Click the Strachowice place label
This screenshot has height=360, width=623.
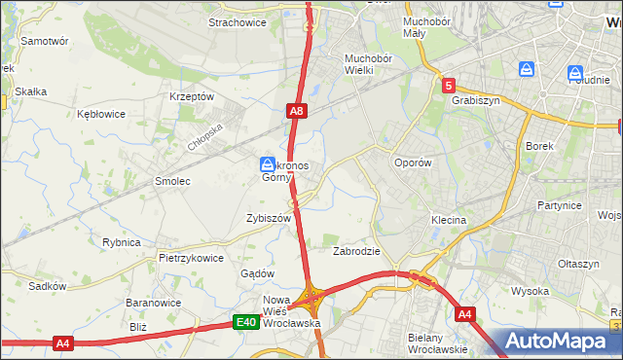click(x=238, y=21)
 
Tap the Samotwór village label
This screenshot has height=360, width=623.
click(x=44, y=41)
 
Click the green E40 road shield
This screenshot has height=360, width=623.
click(x=245, y=322)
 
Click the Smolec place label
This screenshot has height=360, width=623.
click(x=173, y=181)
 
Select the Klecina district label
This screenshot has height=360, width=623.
click(x=449, y=220)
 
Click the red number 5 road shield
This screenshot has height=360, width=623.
click(x=448, y=86)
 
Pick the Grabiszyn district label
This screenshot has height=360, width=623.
click(x=475, y=99)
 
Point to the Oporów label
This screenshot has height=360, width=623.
click(x=411, y=162)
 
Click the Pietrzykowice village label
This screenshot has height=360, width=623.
click(x=191, y=258)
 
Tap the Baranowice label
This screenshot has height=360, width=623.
click(x=149, y=303)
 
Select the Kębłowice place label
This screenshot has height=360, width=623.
click(x=101, y=114)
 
